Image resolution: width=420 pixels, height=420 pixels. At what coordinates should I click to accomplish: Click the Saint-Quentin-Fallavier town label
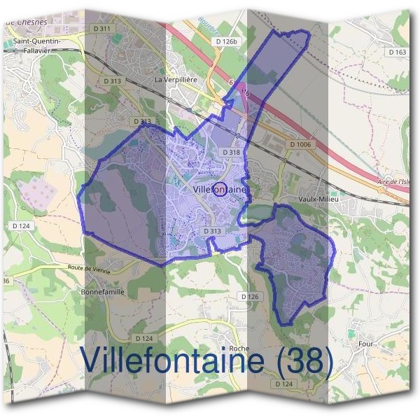pos(36,45)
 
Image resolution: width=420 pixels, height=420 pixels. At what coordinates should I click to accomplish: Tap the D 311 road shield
pos(101,29)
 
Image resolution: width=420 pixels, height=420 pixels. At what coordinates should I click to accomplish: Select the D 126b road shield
pos(227,43)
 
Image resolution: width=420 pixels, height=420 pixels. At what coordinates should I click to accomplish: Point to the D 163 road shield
pos(397,52)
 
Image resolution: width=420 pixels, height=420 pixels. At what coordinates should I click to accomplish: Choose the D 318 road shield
pos(231,152)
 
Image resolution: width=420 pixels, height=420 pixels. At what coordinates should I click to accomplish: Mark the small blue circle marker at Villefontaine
pos(219,189)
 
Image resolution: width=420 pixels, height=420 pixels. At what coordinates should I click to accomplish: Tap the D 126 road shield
pos(250,297)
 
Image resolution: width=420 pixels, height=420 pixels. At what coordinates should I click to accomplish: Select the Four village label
pos(366,344)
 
